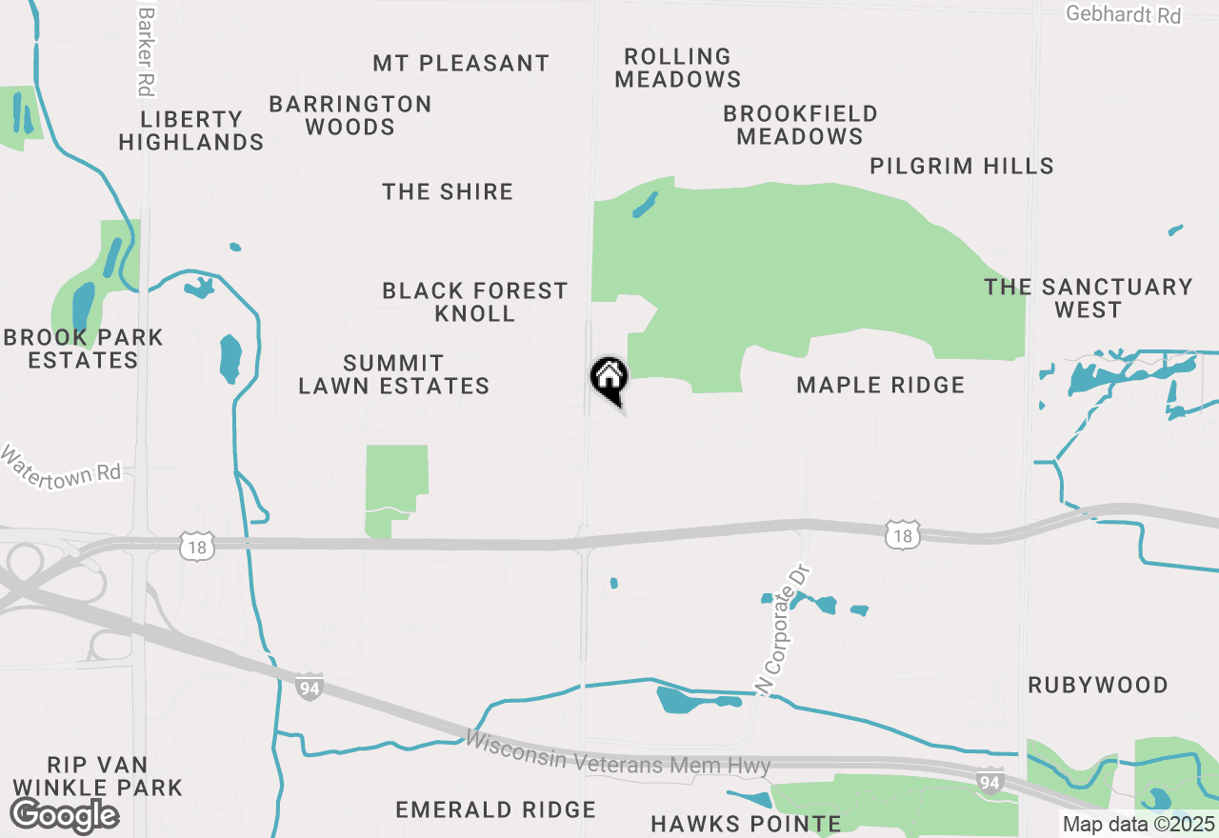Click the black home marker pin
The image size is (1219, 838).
coord(609,379)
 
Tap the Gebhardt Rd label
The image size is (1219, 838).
coord(1123,15)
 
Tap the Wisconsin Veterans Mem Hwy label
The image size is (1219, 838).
coord(618,752)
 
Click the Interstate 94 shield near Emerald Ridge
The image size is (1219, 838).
coord(308,687)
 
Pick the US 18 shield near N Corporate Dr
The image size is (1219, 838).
coord(902,536)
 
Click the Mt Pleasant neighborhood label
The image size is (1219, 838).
coord(461,64)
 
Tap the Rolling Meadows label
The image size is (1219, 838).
coord(678,68)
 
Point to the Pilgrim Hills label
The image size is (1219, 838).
coord(962,166)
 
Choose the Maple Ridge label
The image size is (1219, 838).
coord(881,385)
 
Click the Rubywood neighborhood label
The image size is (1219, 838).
coord(1098,685)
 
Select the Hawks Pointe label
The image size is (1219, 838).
coord(746,824)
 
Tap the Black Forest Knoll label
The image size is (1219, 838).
coord(474,302)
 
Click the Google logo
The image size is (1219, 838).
coord(64,815)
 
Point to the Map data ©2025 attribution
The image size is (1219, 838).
coord(1139,825)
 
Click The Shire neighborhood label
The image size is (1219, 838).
coord(448,191)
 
